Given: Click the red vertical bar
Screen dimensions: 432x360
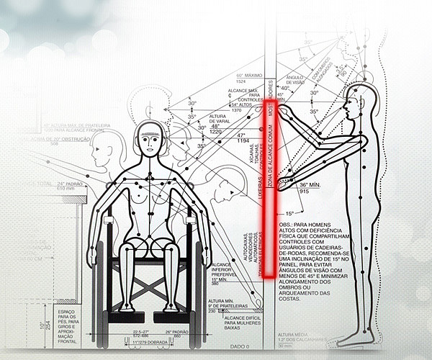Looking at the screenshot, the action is coord(266,187).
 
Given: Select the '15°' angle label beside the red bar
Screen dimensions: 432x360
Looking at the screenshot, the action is coord(289,213).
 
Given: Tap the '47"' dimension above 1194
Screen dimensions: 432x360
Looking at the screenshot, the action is coord(241,135).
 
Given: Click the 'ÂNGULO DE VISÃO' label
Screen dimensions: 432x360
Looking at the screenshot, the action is coord(296,80).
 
